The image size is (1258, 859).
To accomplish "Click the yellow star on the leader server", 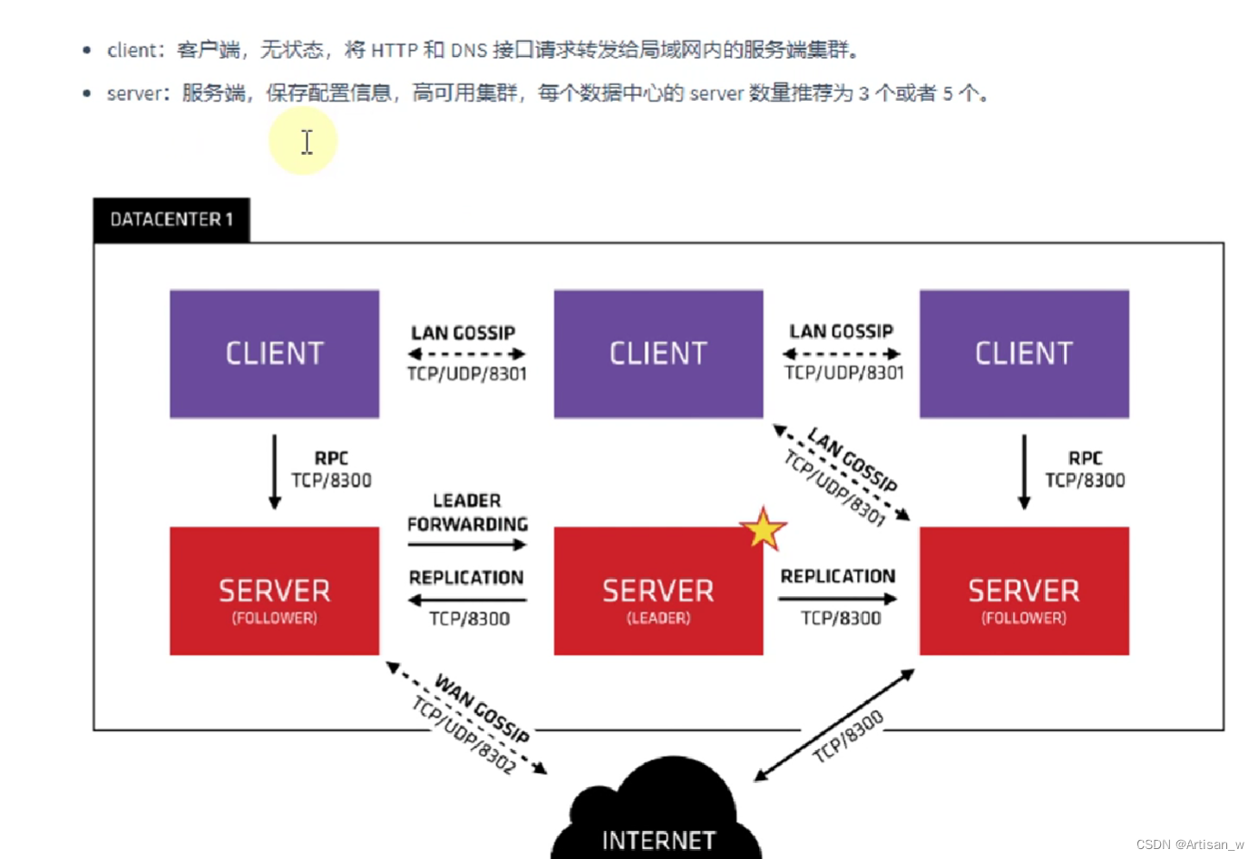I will [763, 530].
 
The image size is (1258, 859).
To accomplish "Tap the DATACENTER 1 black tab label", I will [171, 219].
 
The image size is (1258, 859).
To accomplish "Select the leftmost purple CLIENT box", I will [274, 353].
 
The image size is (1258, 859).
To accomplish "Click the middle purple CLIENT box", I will [658, 353].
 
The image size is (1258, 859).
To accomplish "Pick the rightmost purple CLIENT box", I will [1024, 353].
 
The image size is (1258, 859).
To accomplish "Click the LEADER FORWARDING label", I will [467, 513].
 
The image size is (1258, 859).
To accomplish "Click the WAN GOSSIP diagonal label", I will [482, 709].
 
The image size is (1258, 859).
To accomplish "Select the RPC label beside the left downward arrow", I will [331, 458].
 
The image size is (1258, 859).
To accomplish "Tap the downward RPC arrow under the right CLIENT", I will [1024, 471].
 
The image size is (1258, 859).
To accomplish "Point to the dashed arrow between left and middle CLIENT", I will [466, 354].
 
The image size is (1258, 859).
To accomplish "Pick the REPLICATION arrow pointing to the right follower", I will [837, 599].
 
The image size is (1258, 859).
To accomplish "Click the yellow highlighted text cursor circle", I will [304, 141].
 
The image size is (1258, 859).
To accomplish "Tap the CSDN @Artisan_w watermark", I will [1189, 845].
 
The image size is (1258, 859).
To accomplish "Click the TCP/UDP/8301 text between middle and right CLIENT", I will [844, 373].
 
